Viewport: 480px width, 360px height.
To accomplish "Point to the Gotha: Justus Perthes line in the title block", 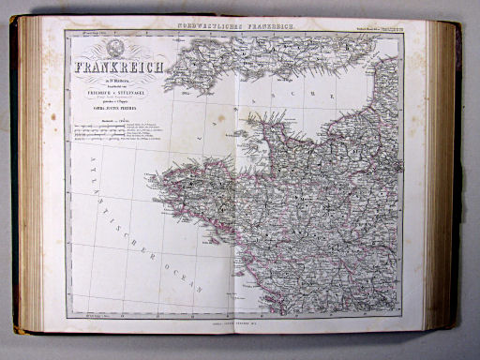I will pos(111,112).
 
